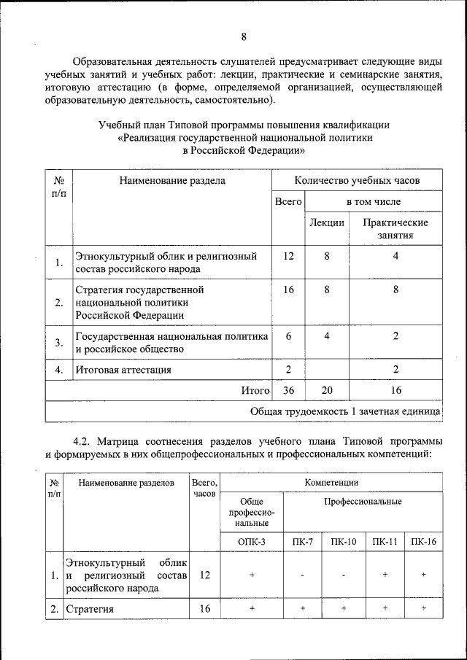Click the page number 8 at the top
click(244, 37)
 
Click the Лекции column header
click(327, 222)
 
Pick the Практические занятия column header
click(395, 228)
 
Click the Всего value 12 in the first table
click(288, 256)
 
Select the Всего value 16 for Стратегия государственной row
click(288, 290)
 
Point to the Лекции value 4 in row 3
click(327, 335)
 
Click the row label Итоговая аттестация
click(123, 370)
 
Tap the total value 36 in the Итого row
click(288, 391)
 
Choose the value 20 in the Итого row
click(327, 391)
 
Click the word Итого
click(255, 391)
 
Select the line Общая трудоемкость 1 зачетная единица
click(345, 411)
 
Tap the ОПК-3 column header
click(252, 542)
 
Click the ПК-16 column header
click(423, 542)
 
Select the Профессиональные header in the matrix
click(363, 502)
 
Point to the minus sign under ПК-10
click(343, 575)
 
